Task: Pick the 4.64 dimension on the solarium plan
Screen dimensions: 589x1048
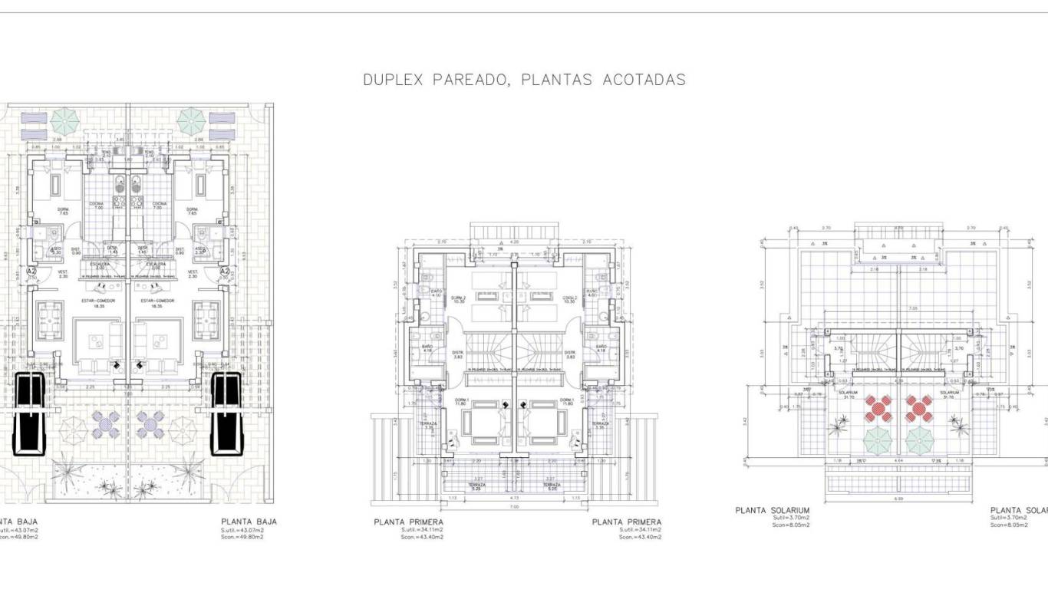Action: point(898,461)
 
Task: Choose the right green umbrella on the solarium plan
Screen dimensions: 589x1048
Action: point(919,440)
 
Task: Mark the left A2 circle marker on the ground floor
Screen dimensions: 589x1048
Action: point(31,271)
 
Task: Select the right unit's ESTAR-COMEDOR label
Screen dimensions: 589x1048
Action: point(157,301)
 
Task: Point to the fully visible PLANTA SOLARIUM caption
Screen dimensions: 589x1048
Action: point(772,510)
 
